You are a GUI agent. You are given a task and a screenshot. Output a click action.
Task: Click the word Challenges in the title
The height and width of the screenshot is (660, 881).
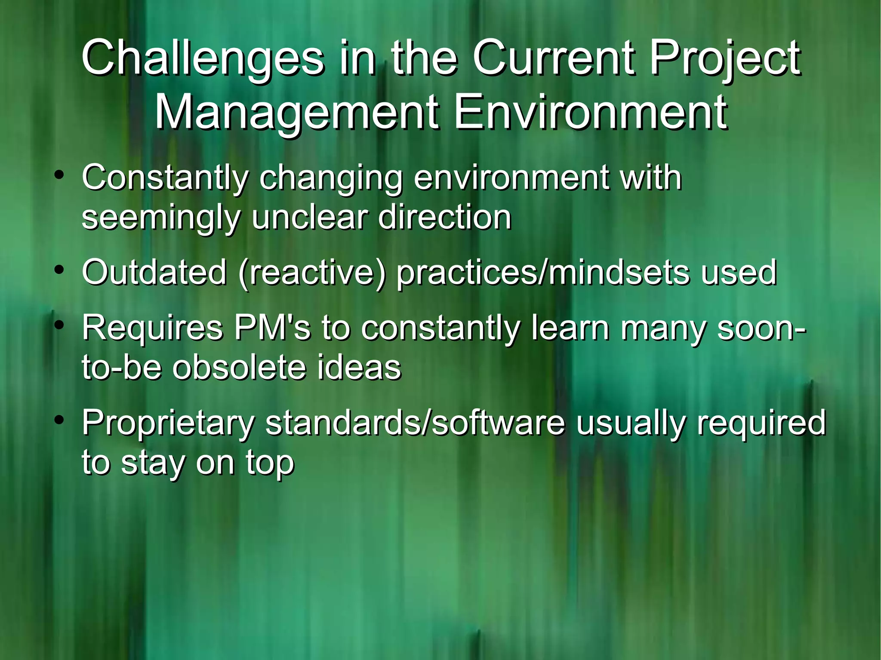click(202, 58)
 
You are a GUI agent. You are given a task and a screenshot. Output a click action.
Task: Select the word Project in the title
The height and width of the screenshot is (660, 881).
click(725, 58)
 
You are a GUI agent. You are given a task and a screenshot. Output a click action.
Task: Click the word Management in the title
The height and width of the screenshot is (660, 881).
click(297, 113)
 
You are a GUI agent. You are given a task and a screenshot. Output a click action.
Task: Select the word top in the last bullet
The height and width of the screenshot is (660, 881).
click(270, 464)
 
